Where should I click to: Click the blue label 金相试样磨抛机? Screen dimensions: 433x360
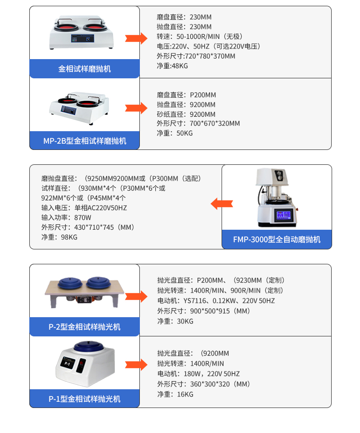coord(85,69)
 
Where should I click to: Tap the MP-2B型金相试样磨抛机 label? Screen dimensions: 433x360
coord(85,141)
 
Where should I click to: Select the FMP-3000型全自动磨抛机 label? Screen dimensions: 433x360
coord(276,239)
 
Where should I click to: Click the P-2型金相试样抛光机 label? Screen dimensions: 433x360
coord(85,327)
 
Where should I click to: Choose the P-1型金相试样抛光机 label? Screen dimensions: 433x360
coord(85,399)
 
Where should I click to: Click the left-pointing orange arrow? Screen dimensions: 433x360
coord(222,204)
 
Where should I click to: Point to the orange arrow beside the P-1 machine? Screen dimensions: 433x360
coord(137,364)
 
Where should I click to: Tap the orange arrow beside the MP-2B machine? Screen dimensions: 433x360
coord(137,108)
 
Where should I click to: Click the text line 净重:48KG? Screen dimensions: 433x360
coord(172,66)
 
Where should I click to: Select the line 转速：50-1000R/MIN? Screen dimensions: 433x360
coord(199,37)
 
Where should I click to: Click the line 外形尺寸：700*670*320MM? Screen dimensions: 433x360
coord(198,124)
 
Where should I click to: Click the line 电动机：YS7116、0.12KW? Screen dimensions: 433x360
coord(216,301)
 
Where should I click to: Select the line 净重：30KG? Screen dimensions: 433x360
coord(175,321)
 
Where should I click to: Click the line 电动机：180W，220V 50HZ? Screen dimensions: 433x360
coord(198,374)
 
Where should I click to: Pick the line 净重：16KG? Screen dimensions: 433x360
coord(175,394)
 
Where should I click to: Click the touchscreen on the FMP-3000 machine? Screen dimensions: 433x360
coord(280,216)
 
